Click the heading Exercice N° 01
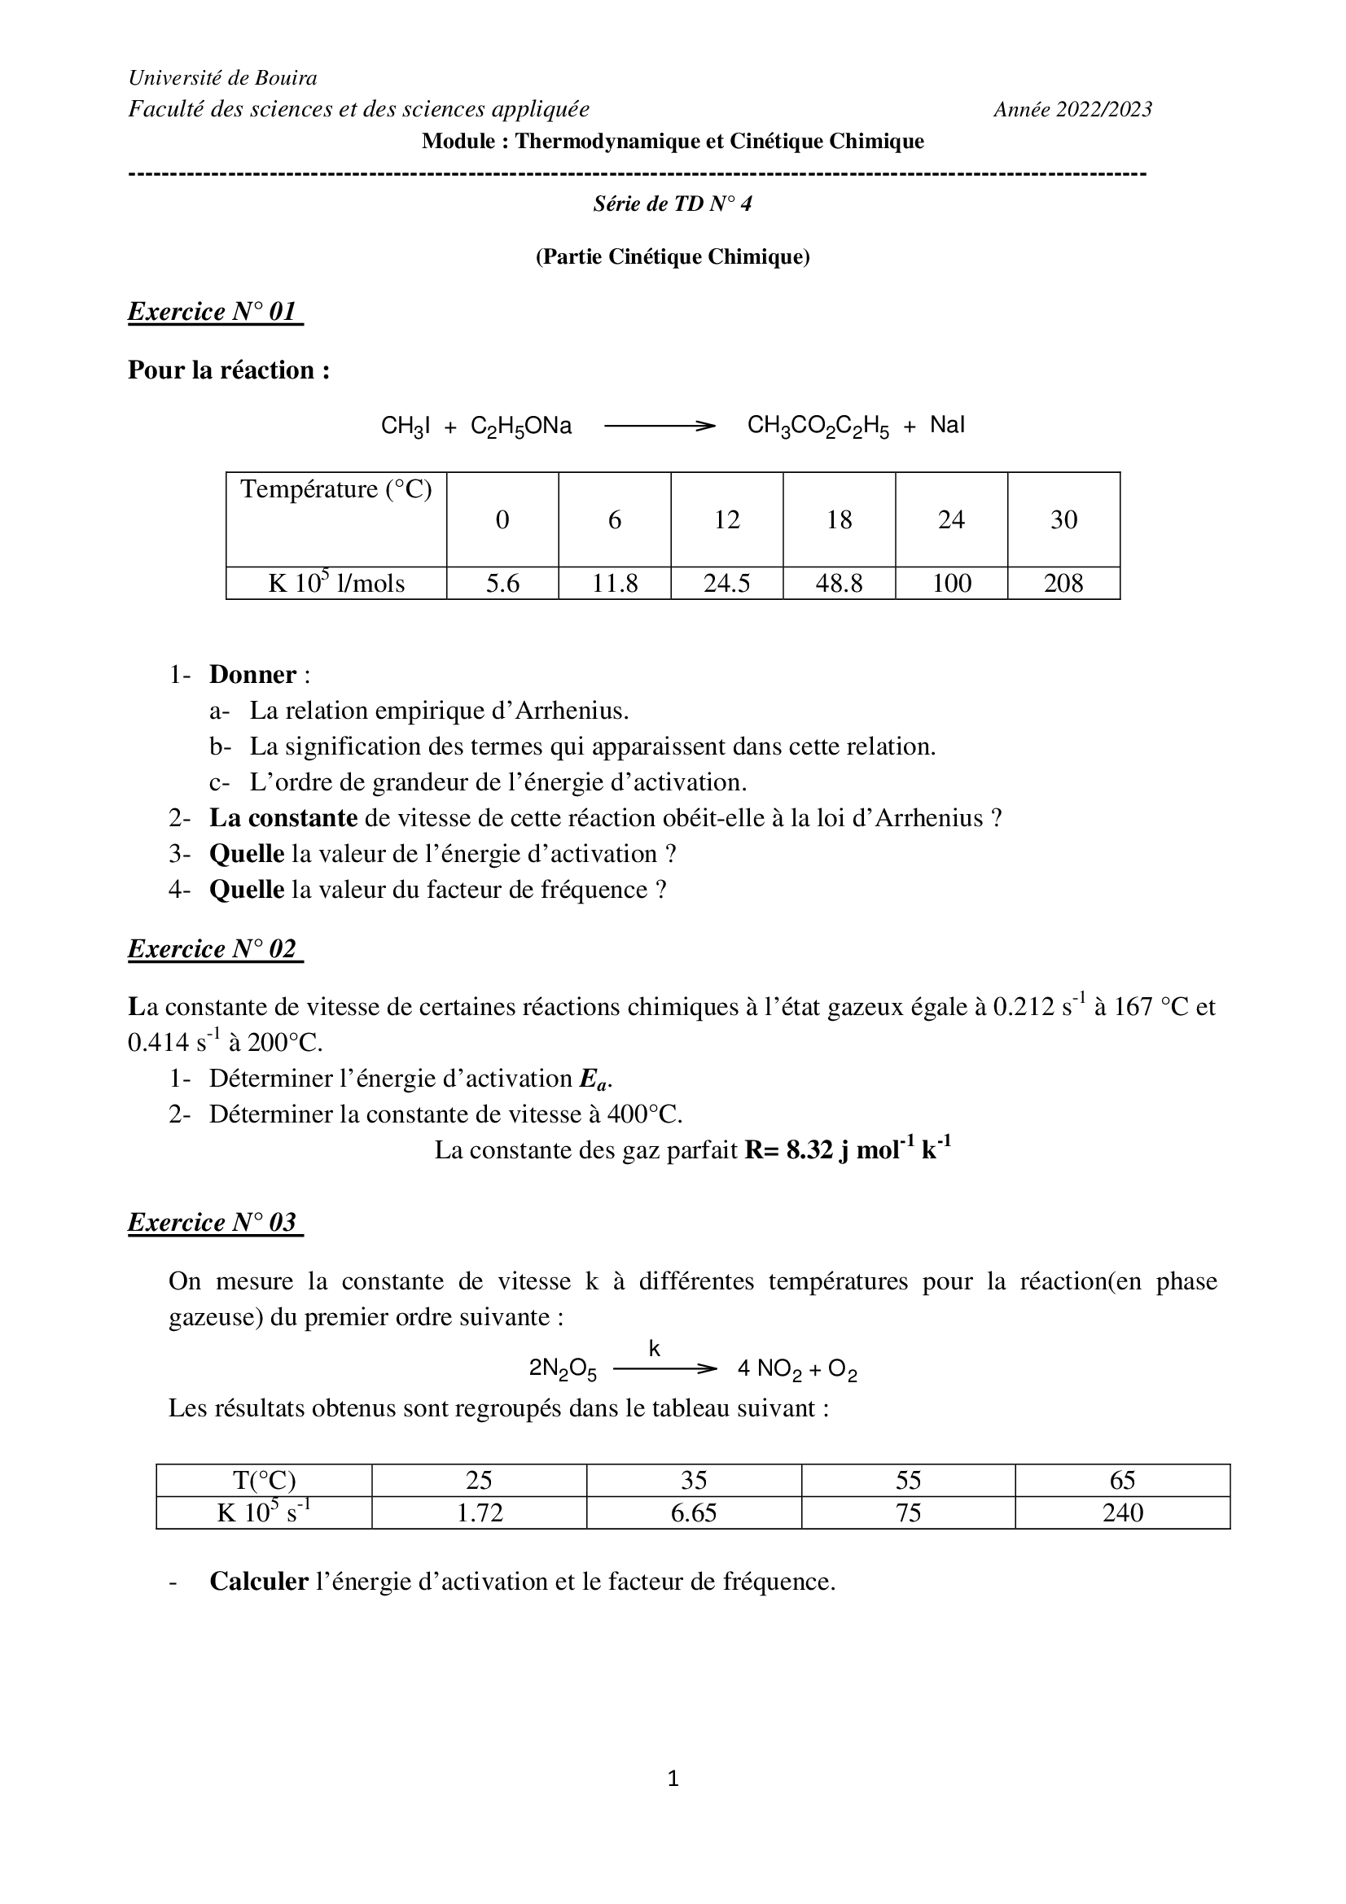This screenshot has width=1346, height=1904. tap(214, 312)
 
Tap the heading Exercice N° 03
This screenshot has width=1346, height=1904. tap(214, 1223)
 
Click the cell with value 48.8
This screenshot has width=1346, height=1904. tap(839, 583)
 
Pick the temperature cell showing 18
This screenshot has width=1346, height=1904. tap(839, 520)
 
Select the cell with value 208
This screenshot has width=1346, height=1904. tap(1063, 583)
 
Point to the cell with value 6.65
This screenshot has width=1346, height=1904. tap(693, 1512)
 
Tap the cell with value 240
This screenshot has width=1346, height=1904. tap(1122, 1512)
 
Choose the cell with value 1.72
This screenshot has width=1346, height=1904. tap(480, 1512)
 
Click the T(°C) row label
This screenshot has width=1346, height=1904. tap(264, 1480)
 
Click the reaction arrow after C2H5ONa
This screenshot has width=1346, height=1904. tap(660, 427)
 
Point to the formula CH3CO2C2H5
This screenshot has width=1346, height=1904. tap(818, 427)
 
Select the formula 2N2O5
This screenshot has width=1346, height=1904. tap(563, 1369)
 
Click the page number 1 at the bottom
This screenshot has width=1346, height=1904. tap(673, 1778)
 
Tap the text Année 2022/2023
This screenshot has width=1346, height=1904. tap(1072, 109)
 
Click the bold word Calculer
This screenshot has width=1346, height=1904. tap(259, 1582)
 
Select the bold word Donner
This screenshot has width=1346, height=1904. tap(252, 674)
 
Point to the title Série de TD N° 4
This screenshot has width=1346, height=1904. tap(673, 204)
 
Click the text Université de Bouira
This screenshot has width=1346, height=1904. tap(222, 78)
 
